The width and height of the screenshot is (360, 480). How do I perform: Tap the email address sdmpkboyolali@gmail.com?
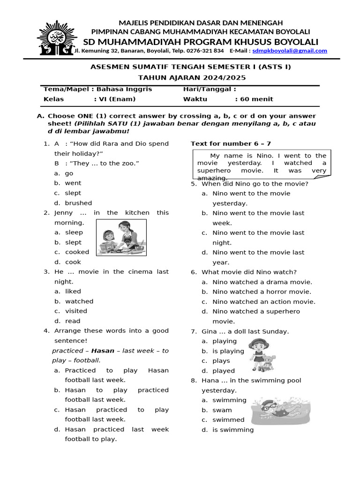(290, 51)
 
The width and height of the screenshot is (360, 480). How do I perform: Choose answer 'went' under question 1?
(73, 183)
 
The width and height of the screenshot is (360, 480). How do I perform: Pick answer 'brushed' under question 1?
(78, 203)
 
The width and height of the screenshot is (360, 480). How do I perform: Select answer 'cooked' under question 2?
(77, 252)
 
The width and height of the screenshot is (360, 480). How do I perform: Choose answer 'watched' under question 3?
(79, 301)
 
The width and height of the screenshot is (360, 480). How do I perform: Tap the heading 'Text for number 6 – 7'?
(231, 143)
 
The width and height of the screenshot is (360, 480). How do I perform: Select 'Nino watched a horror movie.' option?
(262, 292)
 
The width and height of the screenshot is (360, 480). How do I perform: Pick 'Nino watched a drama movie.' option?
(262, 282)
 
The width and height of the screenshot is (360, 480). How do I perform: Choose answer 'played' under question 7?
(224, 371)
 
